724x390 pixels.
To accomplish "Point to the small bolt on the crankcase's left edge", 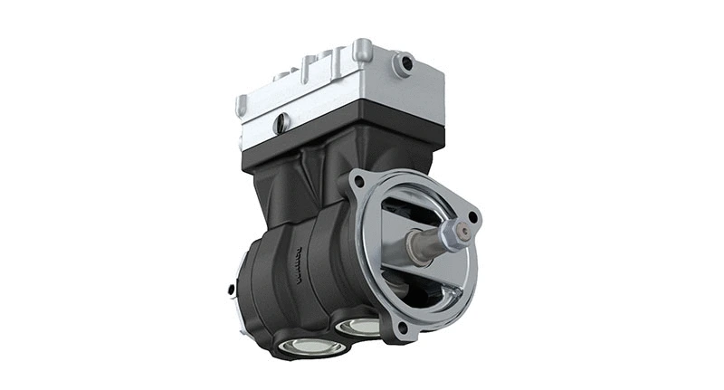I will tap(232, 290).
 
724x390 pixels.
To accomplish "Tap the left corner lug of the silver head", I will tap(242, 105).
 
